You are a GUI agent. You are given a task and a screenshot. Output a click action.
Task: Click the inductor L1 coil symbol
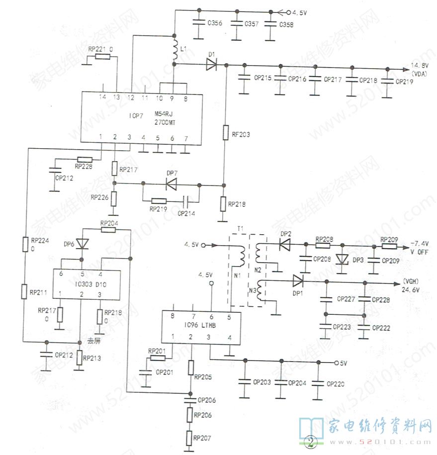pos(175,50)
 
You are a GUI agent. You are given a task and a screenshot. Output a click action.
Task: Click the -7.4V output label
pos(420,244)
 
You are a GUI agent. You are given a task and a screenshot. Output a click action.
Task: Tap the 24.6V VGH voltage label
pos(411,289)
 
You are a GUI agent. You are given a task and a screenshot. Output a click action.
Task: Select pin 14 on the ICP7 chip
pos(103,96)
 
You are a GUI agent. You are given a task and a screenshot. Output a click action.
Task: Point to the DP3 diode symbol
pos(342,259)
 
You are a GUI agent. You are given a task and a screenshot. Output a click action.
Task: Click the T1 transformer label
pos(241,228)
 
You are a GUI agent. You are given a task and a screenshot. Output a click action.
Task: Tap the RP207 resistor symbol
pos(189,438)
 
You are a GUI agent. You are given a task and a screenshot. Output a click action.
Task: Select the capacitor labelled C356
pos(199,23)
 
